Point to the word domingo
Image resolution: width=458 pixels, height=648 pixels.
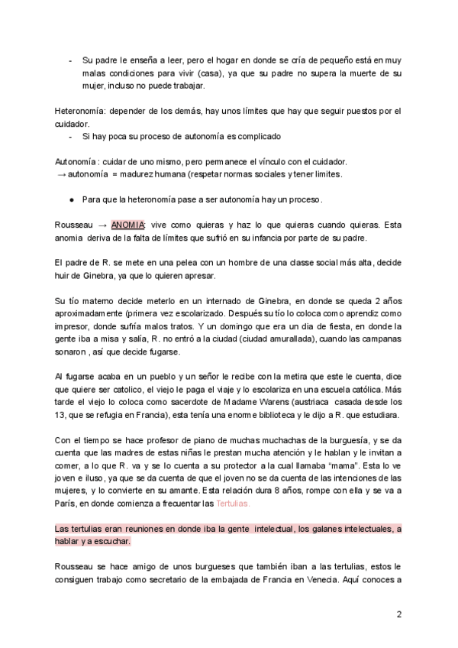click(x=221, y=326)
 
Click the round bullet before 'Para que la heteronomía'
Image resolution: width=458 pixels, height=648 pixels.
click(x=70, y=200)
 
